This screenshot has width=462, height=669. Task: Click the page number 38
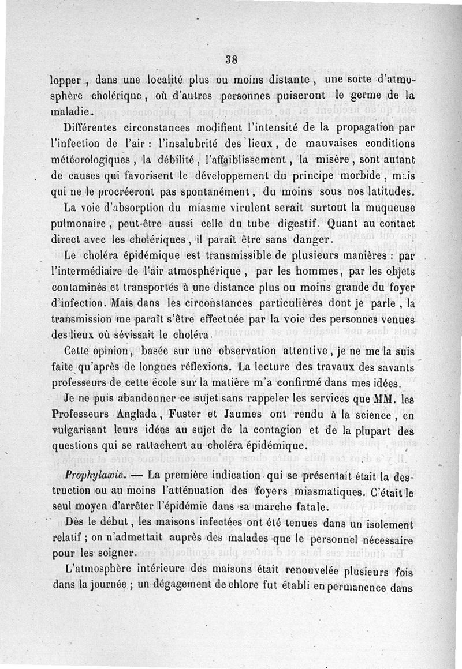(x=232, y=59)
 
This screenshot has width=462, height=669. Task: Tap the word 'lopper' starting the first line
(x=66, y=80)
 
